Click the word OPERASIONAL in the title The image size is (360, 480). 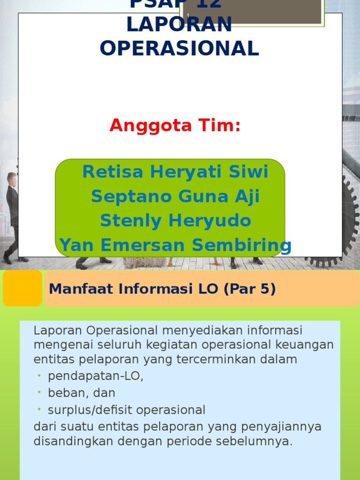pyautogui.click(x=179, y=48)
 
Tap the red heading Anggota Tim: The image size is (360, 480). pyautogui.click(x=175, y=126)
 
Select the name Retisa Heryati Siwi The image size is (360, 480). pyautogui.click(x=175, y=172)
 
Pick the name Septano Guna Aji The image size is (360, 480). pyautogui.click(x=175, y=196)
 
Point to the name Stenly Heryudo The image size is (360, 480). pyautogui.click(x=175, y=220)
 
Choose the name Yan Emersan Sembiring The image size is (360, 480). pyautogui.click(x=175, y=245)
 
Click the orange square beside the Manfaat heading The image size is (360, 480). pyautogui.click(x=22, y=288)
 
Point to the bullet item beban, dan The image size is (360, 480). pyautogui.click(x=82, y=393)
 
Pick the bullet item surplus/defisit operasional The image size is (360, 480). pyautogui.click(x=127, y=410)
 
